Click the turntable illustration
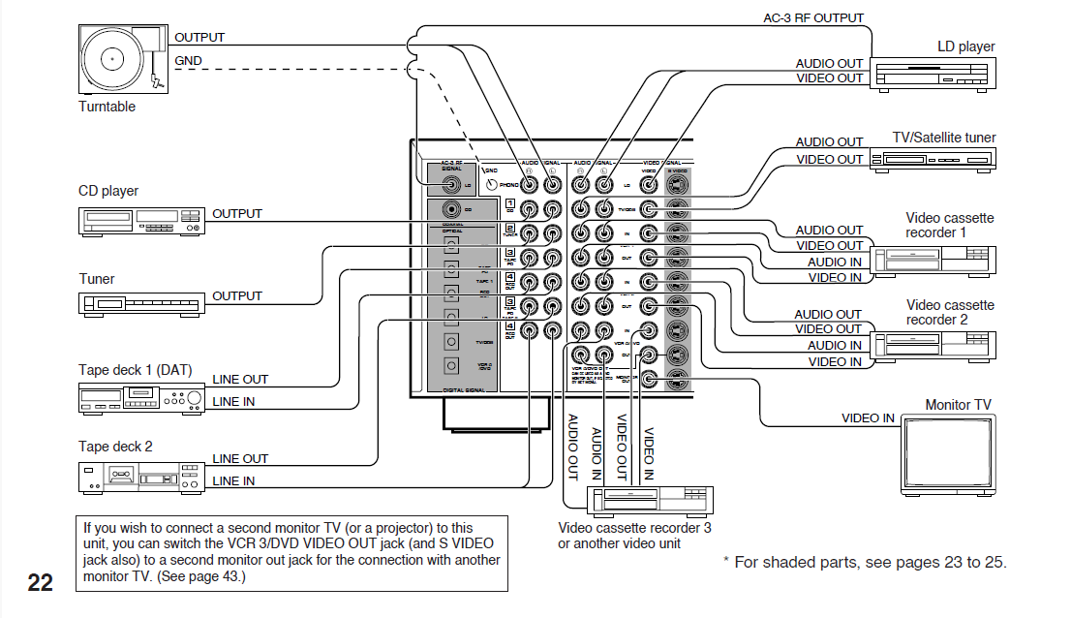[x=122, y=58]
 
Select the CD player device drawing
[x=140, y=221]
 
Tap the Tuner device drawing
[x=140, y=304]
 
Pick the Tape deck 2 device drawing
[x=140, y=476]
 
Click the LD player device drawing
[x=933, y=74]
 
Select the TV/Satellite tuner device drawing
[x=933, y=160]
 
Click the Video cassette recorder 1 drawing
[x=933, y=260]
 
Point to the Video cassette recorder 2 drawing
[x=933, y=346]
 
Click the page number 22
[x=41, y=582]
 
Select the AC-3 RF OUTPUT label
[x=813, y=18]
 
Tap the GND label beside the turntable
[x=188, y=61]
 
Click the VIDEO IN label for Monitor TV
[x=868, y=418]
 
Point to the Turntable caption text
[x=107, y=107]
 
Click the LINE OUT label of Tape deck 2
[x=240, y=458]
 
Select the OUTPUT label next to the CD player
[x=237, y=213]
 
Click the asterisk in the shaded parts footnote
[x=727, y=563]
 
